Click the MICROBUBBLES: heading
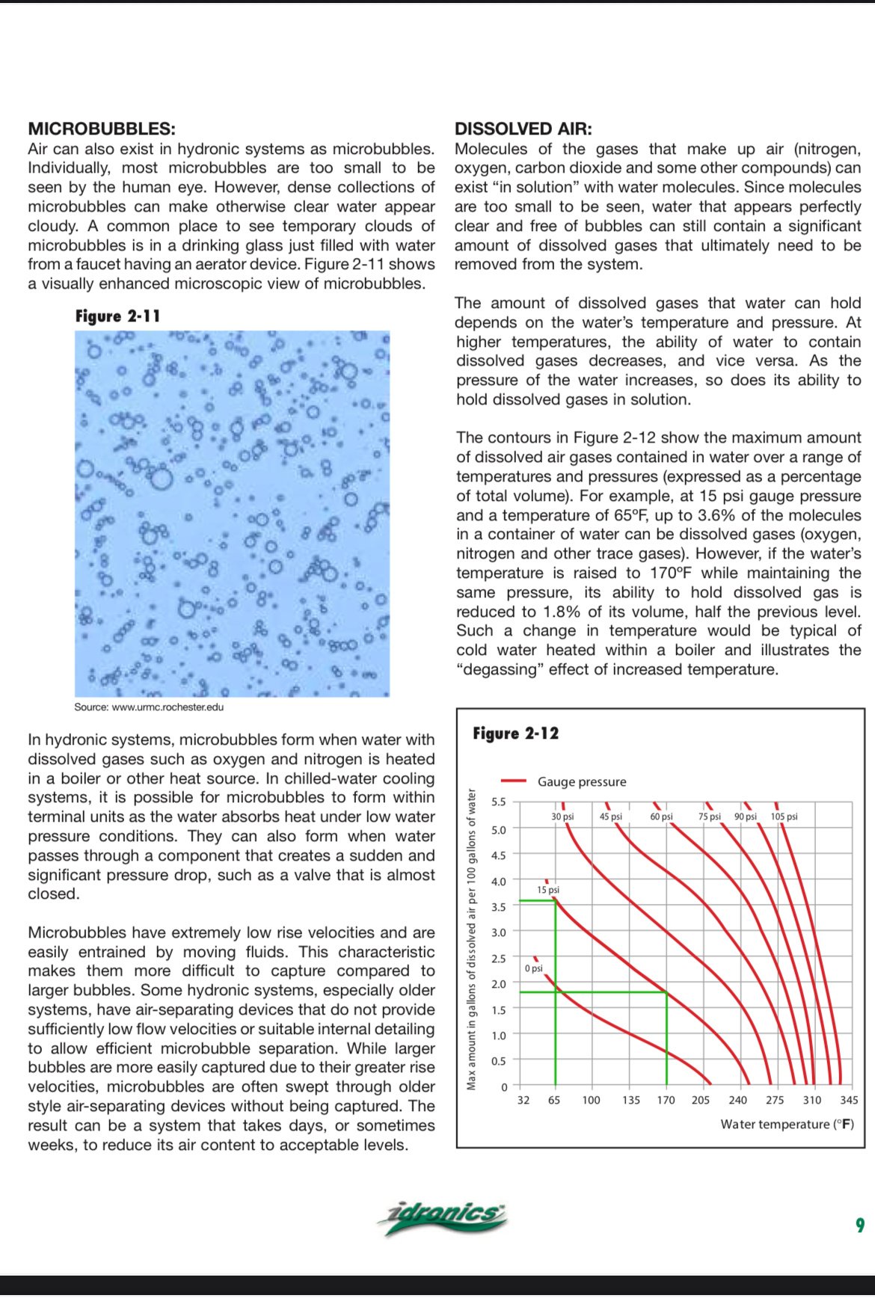pos(102,129)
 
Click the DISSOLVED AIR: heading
pos(523,129)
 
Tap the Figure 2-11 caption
pos(117,316)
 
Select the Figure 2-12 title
pos(515,734)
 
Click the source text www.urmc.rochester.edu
pos(149,707)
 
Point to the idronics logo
pos(443,1217)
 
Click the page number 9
pos(860,1225)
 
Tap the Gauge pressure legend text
pos(582,781)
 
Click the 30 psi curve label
pos(562,817)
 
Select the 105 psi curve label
pos(784,817)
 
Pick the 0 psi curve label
pos(533,968)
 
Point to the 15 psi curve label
pos(548,890)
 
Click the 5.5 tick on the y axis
pos(499,802)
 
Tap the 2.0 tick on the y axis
pos(499,984)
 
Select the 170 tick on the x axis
pos(666,1100)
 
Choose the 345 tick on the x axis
pos(849,1100)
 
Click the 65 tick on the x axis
pos(554,1100)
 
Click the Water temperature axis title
pos(787,1124)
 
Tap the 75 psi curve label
pos(709,817)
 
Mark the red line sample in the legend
pos(515,781)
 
